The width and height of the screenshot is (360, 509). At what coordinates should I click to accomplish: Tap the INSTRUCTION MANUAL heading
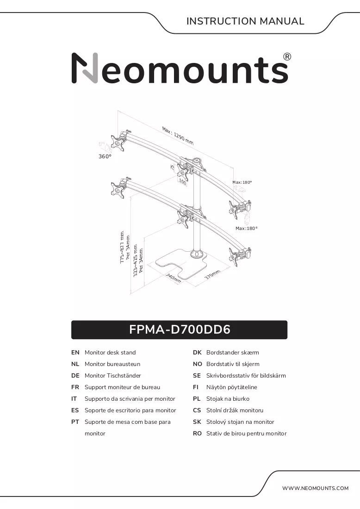click(x=245, y=21)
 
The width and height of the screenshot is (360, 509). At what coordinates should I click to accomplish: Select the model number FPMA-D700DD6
click(x=180, y=329)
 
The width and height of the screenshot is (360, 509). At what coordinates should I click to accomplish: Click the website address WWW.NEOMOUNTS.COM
click(x=315, y=488)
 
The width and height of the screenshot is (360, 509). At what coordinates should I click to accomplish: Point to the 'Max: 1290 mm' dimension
click(x=178, y=136)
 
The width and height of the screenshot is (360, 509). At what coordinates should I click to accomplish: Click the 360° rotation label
click(x=105, y=156)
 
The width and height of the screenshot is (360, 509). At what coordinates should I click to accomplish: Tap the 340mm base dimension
click(x=174, y=278)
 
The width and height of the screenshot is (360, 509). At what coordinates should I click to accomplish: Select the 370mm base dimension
click(x=212, y=274)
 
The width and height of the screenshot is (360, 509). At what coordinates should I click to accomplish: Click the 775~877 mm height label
click(x=122, y=248)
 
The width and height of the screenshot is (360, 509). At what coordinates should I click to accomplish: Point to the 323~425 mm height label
click(x=136, y=261)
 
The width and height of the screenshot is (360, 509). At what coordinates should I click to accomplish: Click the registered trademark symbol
click(x=287, y=57)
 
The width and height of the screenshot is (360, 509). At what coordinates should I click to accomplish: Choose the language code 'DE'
click(x=75, y=376)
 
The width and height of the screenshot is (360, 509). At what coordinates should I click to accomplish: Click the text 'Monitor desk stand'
click(x=110, y=353)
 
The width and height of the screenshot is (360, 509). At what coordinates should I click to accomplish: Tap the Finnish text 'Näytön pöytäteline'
click(x=232, y=387)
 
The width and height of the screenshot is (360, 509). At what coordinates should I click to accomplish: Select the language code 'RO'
click(x=198, y=434)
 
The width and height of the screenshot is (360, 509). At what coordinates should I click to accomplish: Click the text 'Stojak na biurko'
click(x=228, y=399)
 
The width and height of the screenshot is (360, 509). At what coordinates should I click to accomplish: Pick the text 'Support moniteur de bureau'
click(x=122, y=387)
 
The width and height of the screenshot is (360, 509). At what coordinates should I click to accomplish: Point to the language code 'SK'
click(x=197, y=422)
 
